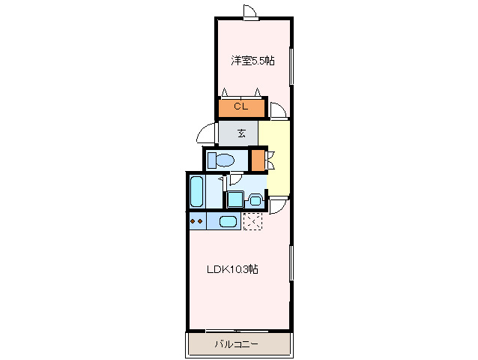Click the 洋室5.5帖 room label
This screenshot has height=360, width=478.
coord(252,61)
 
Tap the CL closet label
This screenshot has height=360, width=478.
coord(241,106)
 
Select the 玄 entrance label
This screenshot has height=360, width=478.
coord(241,133)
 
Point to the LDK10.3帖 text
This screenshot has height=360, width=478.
coord(233,269)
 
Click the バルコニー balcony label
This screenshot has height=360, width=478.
coord(237,344)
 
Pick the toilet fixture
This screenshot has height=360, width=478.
coord(221,160)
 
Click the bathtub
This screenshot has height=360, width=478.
coord(196,192)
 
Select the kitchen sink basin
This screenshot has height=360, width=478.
coord(229,221)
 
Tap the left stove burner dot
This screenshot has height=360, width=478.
coord(193,221)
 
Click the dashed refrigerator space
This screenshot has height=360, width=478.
coord(252,221)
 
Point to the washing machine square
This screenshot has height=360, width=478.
coord(236,199)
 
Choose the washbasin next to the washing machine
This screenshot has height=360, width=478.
coord(255,200)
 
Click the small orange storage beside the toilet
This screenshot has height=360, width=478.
coord(258,160)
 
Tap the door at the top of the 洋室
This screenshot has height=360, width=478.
coord(250,13)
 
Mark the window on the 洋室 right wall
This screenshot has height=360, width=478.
coord(291,66)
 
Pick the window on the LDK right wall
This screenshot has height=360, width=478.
coord(291,263)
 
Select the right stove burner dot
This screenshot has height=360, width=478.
coord(200,221)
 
